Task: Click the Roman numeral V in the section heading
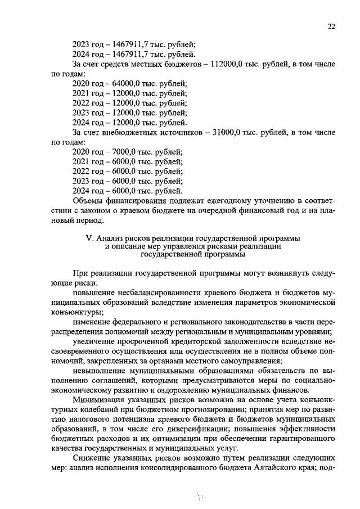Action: tap(89, 237)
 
